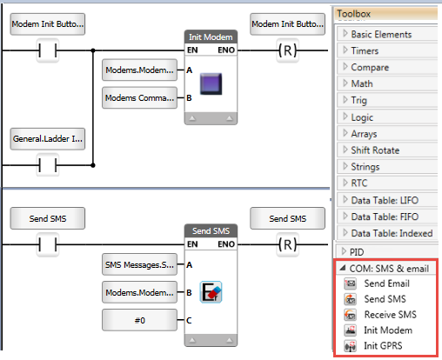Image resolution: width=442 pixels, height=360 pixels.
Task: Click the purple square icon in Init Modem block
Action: [x=211, y=83]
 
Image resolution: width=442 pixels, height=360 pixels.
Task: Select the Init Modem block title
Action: [x=211, y=37]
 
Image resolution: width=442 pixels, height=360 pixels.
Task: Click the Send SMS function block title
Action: [x=211, y=231]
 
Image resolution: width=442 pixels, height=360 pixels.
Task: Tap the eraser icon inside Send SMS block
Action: [x=211, y=292]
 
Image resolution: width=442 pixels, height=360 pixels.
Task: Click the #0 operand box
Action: [x=139, y=320]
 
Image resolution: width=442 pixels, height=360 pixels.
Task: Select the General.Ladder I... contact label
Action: [x=48, y=139]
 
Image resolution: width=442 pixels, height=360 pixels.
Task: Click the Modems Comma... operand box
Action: [x=139, y=98]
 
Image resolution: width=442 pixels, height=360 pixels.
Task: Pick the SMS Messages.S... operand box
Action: [x=139, y=264]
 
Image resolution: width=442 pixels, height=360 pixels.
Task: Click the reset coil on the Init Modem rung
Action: [x=288, y=50]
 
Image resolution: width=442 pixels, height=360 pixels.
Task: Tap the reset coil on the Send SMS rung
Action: [x=288, y=244]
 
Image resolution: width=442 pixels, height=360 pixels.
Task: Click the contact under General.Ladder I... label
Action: [x=48, y=165]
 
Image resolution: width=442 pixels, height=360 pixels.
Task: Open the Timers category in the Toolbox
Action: [x=365, y=51]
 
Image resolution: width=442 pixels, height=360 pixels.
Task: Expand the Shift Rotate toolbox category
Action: [x=375, y=150]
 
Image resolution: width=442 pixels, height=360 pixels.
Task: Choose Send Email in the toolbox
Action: [x=386, y=283]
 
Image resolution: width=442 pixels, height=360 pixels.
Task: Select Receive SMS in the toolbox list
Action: [x=390, y=315]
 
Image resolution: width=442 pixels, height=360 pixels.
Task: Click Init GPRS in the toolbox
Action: [x=383, y=346]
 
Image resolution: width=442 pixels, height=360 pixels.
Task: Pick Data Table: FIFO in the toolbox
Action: [x=385, y=217]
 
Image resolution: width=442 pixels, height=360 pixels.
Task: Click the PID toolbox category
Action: [x=357, y=252]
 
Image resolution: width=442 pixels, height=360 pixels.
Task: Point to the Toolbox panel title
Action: [x=353, y=14]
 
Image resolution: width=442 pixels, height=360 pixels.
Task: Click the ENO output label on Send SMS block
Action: [x=226, y=244]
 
